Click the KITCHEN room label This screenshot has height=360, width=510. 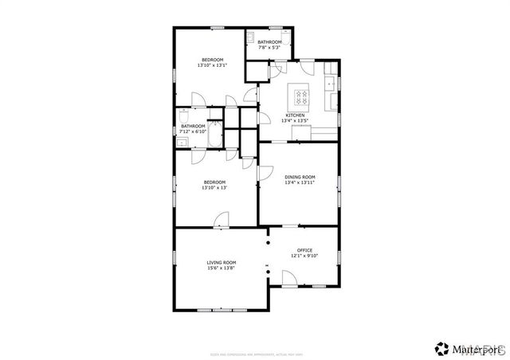(x=295, y=115)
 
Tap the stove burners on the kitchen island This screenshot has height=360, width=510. (x=301, y=96)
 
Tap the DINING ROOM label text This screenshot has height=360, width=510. (x=300, y=177)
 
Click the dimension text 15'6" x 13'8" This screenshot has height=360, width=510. (x=222, y=268)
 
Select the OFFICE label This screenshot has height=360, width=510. (x=305, y=250)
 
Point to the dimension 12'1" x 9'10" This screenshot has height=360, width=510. (x=305, y=256)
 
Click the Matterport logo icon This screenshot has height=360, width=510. (x=441, y=347)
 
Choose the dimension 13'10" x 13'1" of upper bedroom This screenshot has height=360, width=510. (x=212, y=65)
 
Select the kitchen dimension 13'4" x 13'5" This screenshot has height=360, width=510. (x=296, y=121)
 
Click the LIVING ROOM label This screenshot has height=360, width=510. (x=222, y=263)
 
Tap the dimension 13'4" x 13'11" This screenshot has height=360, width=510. (x=300, y=182)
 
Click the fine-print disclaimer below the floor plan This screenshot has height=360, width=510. (x=254, y=331)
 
